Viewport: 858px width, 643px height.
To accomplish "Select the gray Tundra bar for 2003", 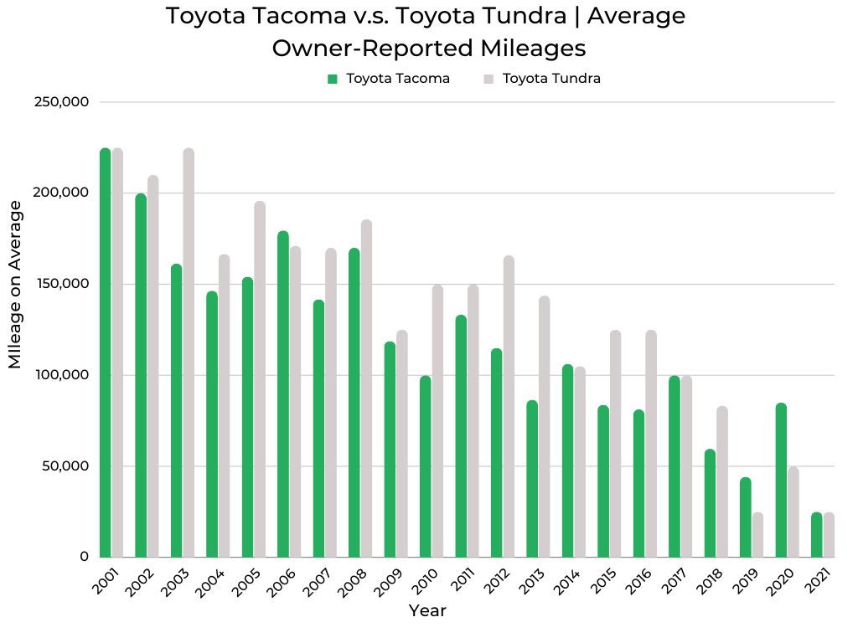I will point(189,352).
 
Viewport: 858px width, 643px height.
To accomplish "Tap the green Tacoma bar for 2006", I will point(283,394).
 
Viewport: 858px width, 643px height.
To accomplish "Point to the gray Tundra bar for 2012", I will point(509,406).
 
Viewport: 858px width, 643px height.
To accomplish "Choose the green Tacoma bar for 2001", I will point(106,352).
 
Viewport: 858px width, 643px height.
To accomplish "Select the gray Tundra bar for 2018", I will point(722,481).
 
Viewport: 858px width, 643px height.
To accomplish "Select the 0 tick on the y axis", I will point(83,557).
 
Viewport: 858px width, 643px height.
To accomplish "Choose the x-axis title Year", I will point(427,611).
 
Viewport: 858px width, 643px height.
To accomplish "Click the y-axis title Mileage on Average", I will point(16,285).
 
